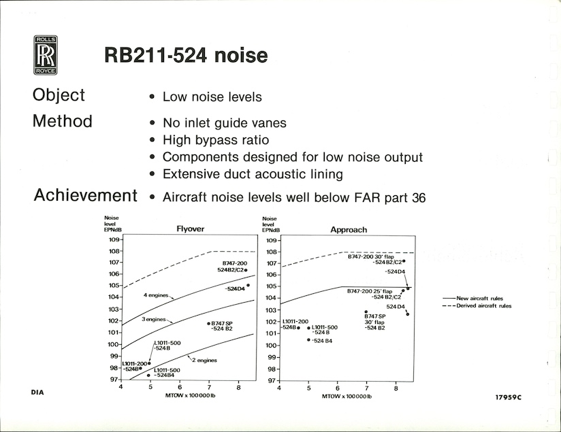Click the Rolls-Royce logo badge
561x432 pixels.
pyautogui.click(x=46, y=55)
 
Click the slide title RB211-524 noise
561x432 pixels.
pyautogui.click(x=186, y=55)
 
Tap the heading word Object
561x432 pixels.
pyautogui.click(x=59, y=95)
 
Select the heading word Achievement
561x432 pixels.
pyautogui.click(x=86, y=195)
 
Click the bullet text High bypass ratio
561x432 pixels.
pyautogui.click(x=216, y=140)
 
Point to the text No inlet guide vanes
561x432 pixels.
pyautogui.click(x=224, y=123)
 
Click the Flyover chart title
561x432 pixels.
pyautogui.click(x=191, y=229)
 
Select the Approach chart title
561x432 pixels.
pyautogui.click(x=349, y=230)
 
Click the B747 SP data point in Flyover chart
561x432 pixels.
pyautogui.click(x=208, y=324)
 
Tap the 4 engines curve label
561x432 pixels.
pyautogui.click(x=156, y=295)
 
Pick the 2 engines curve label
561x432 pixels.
pyautogui.click(x=204, y=361)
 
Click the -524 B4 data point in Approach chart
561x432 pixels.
pyautogui.click(x=309, y=339)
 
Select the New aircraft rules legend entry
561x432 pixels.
pyautogui.click(x=472, y=298)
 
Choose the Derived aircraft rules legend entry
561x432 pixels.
pyautogui.click(x=477, y=305)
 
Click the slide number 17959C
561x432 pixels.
pyautogui.click(x=509, y=397)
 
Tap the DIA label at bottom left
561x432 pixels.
pyautogui.click(x=37, y=393)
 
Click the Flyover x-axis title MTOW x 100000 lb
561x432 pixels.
pyautogui.click(x=190, y=395)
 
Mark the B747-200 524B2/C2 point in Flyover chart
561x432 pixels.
pyautogui.click(x=246, y=270)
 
